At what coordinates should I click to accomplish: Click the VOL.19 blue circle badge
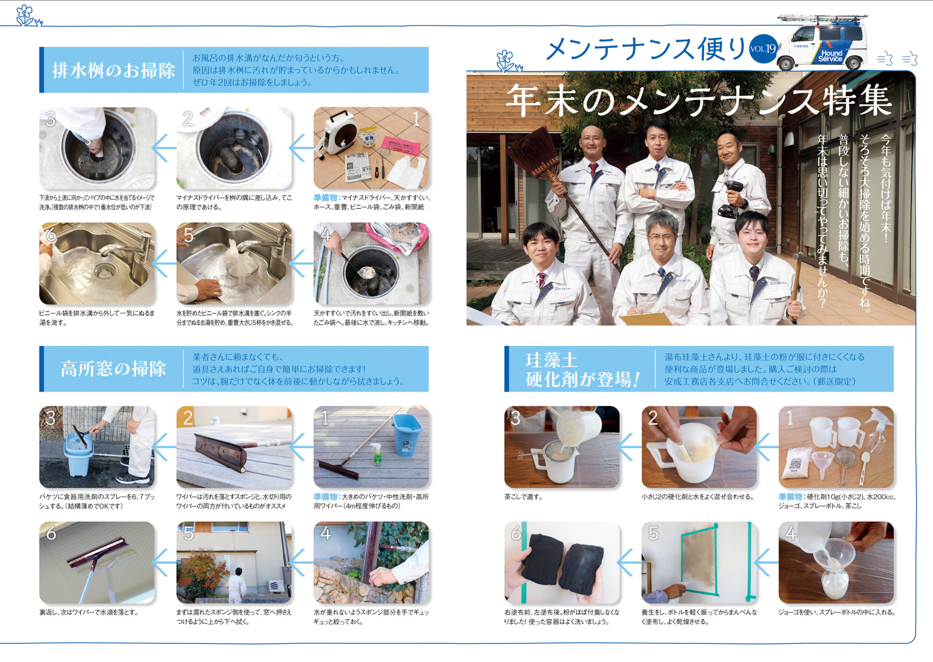tap(763, 49)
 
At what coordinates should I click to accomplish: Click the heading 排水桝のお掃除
tap(113, 71)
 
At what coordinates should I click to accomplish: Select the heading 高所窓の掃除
tap(113, 369)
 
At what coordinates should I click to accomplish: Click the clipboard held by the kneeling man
tap(645, 318)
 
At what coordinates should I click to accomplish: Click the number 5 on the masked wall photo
tap(653, 533)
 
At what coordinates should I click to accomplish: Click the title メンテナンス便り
tap(645, 49)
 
